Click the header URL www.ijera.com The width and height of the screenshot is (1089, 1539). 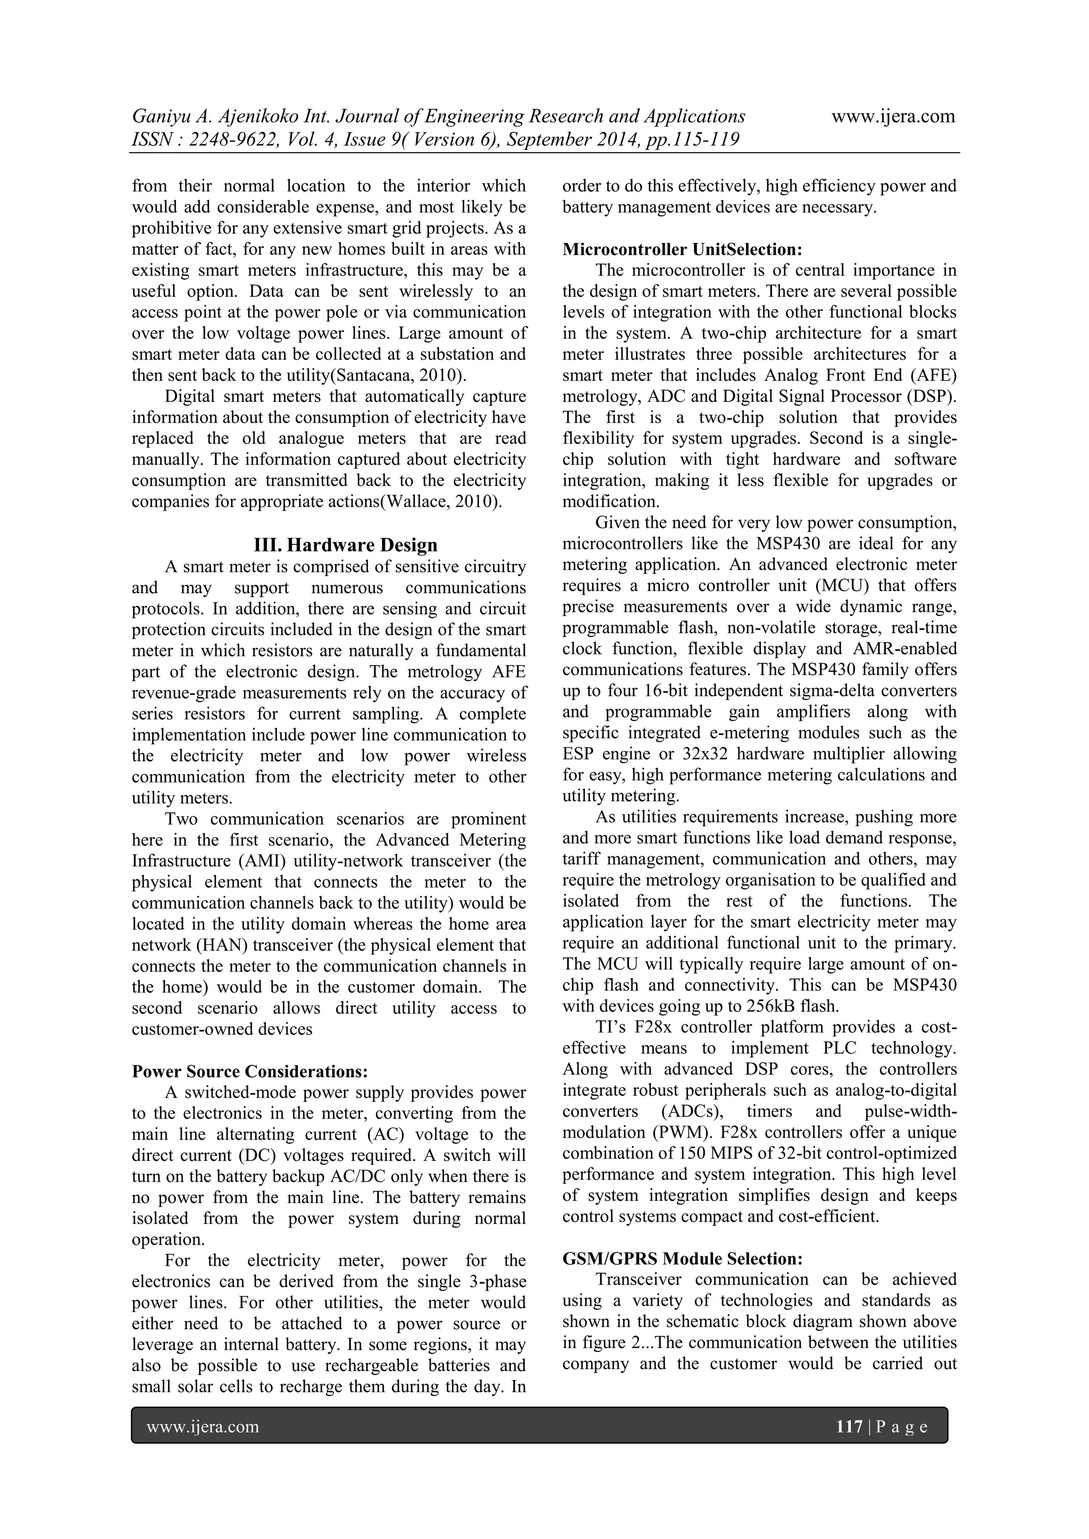click(893, 116)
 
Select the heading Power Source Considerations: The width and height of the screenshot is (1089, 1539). click(250, 1071)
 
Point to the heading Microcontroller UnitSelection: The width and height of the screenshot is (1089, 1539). click(682, 249)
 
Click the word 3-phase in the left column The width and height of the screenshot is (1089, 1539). click(495, 1282)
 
